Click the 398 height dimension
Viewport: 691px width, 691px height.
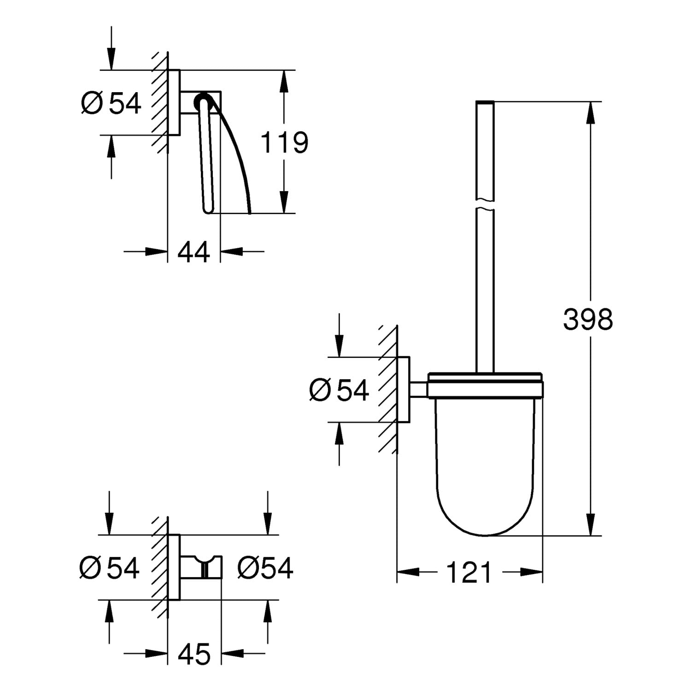tap(588, 319)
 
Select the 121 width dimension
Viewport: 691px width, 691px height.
tap(469, 573)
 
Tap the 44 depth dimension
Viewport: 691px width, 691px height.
tap(193, 252)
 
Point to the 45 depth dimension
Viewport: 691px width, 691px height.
tap(194, 653)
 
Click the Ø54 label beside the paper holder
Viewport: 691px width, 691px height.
tap(111, 103)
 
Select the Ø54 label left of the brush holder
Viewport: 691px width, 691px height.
tap(340, 390)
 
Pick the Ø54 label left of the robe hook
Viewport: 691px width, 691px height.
tap(109, 568)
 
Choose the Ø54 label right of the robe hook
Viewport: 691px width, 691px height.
tap(265, 568)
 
